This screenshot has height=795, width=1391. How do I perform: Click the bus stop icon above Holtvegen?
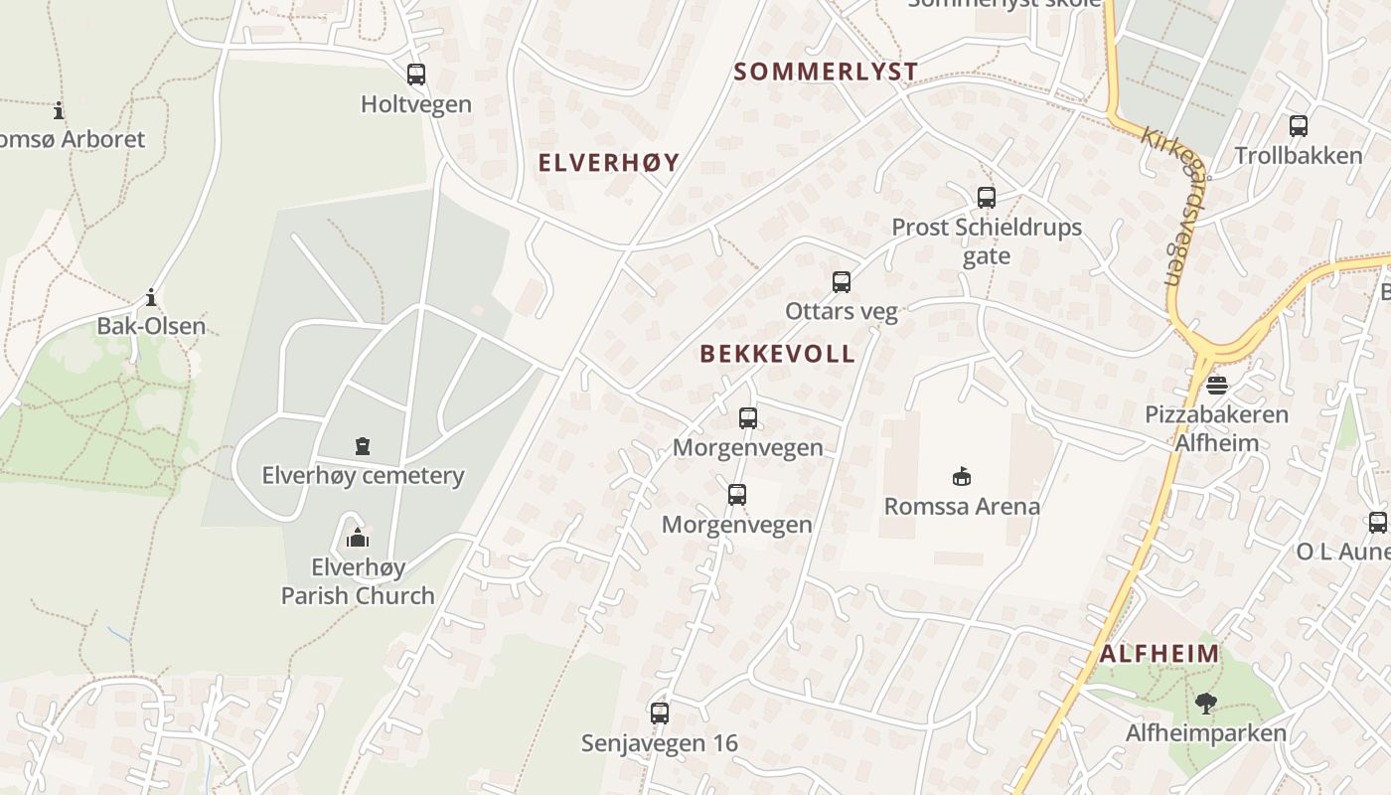click(x=416, y=75)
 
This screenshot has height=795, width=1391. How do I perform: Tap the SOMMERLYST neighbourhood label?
click(x=826, y=72)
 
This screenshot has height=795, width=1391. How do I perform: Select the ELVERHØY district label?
click(x=608, y=163)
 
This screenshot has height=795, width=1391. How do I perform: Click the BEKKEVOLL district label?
click(x=777, y=354)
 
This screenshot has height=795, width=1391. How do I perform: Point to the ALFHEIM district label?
click(x=1159, y=654)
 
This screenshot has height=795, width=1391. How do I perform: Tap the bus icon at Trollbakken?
click(x=1299, y=126)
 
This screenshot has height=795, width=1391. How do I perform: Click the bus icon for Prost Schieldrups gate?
click(x=986, y=198)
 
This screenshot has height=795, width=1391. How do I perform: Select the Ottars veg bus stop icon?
click(x=842, y=282)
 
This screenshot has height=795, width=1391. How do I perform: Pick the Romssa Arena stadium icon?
click(x=961, y=477)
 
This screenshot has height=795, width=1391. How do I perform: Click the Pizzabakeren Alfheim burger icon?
click(x=1217, y=386)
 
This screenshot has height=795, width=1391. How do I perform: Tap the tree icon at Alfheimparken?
click(x=1206, y=705)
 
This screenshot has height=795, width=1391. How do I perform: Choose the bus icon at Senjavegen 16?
click(x=660, y=713)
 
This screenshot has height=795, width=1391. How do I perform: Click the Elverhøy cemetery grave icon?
click(x=363, y=446)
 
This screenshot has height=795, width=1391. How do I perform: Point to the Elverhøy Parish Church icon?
click(x=358, y=539)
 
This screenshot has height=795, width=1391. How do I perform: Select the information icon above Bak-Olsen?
click(x=151, y=297)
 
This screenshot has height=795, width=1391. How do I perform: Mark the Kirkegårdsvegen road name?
click(x=1163, y=206)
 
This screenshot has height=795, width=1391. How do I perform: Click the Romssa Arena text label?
click(x=962, y=506)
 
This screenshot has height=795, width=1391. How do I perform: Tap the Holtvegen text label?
click(x=416, y=104)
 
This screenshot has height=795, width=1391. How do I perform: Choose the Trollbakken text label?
click(x=1299, y=156)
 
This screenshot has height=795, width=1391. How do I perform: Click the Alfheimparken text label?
click(x=1206, y=733)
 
